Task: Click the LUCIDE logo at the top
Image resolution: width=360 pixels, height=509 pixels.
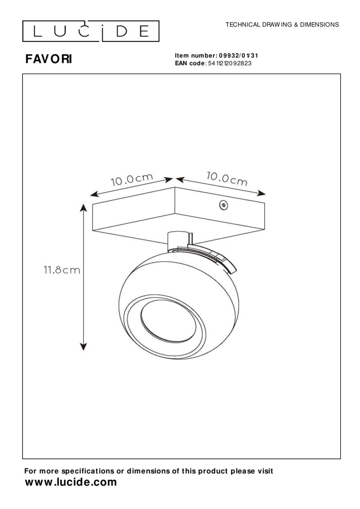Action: click(x=91, y=31)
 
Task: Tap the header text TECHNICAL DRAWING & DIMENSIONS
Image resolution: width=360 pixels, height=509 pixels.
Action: click(x=282, y=25)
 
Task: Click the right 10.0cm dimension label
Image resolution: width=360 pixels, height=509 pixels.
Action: click(x=227, y=178)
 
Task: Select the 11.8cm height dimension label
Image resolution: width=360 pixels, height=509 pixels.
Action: click(x=62, y=270)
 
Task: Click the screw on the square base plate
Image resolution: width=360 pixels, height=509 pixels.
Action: click(x=222, y=205)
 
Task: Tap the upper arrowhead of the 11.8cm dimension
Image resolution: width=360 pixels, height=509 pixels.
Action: click(x=84, y=207)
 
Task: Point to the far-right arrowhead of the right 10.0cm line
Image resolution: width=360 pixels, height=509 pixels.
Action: click(x=262, y=194)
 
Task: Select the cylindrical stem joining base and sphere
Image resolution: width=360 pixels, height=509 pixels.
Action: click(x=178, y=241)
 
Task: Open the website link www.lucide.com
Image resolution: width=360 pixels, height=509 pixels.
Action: click(x=71, y=482)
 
